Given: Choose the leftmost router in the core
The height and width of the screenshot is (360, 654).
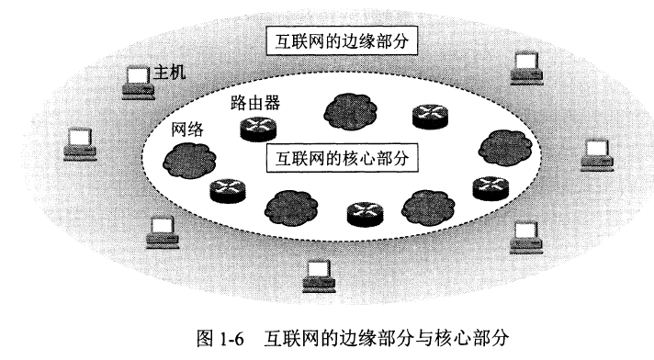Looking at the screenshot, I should pyautogui.click(x=225, y=191).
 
